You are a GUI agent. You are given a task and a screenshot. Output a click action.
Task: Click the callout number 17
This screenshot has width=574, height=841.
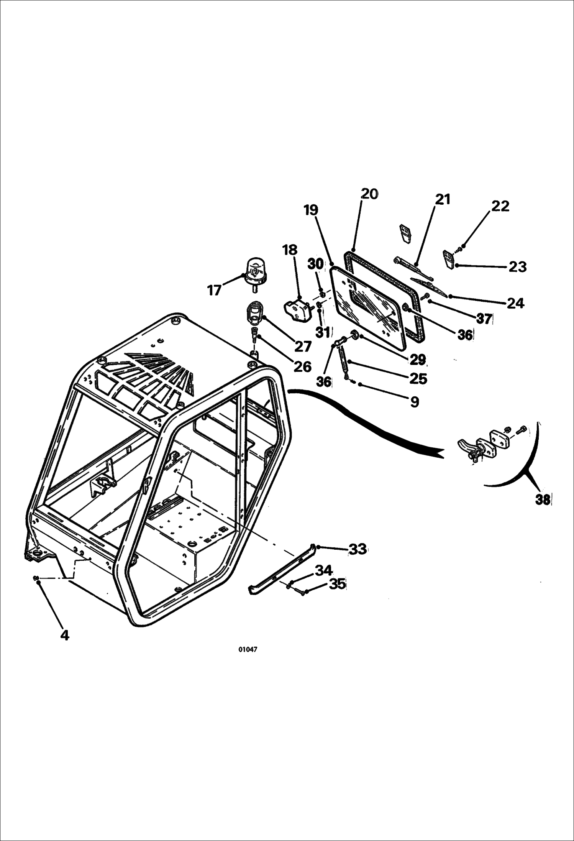point(215,290)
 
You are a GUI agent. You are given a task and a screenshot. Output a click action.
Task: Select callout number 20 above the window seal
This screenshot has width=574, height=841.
point(369,194)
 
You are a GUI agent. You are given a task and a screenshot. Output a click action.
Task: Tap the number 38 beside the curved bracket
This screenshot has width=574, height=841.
point(542,500)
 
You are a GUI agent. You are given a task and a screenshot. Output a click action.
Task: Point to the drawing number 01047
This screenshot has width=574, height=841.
point(248,649)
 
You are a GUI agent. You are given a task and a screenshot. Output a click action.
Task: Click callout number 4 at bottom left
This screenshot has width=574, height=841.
point(65,635)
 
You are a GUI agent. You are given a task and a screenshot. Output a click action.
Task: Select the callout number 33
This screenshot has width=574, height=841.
point(358,549)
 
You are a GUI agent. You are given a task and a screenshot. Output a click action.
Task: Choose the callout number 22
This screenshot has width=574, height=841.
point(500,206)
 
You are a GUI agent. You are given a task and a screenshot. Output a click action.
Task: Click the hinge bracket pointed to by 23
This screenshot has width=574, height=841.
point(448,260)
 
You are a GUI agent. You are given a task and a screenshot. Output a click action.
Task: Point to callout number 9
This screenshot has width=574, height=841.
point(414,402)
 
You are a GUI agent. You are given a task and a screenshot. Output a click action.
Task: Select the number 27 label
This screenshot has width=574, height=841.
point(303,347)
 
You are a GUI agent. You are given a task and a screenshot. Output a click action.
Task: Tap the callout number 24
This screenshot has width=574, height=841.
point(515,303)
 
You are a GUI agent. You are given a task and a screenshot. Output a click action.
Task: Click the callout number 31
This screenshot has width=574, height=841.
point(323,332)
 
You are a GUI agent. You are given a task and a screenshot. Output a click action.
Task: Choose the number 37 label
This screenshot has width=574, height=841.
point(484,318)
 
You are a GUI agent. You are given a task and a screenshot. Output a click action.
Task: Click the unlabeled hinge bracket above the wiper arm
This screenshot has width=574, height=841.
point(405,233)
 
